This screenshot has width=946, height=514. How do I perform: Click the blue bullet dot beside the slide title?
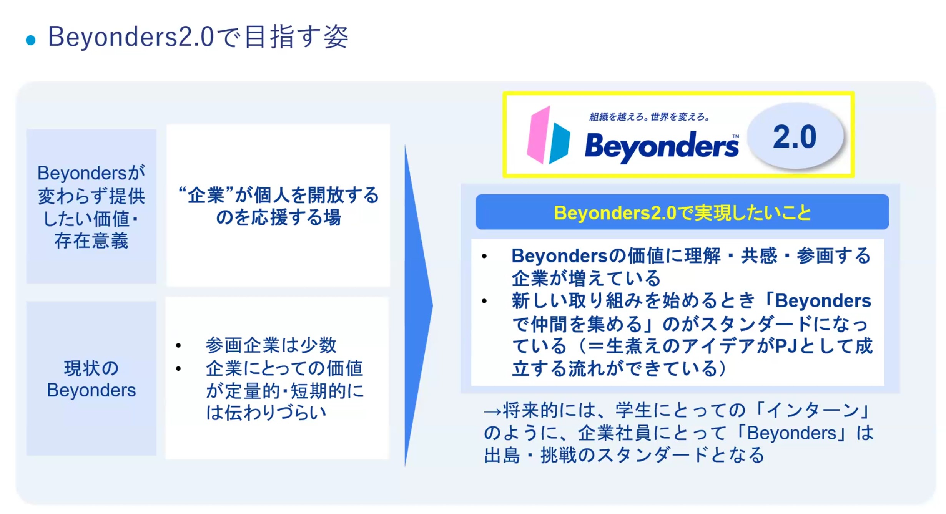click(31, 40)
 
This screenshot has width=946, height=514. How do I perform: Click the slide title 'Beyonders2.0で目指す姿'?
click(198, 37)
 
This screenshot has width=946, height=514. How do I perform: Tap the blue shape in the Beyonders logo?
click(559, 143)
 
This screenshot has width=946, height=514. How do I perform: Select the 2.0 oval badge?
click(795, 136)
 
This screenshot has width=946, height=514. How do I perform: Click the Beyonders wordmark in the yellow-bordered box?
click(662, 147)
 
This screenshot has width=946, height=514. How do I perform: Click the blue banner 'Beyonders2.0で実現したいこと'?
click(682, 212)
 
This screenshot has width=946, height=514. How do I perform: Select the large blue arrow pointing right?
click(419, 306)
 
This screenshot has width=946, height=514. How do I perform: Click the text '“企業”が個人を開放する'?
click(279, 195)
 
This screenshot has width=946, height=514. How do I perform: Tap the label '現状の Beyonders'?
click(91, 379)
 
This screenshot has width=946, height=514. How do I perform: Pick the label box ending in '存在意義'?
click(91, 206)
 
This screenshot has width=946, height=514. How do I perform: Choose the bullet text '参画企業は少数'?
click(271, 345)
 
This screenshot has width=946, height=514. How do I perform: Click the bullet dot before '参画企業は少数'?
click(178, 346)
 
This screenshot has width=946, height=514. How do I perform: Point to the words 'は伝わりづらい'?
click(266, 413)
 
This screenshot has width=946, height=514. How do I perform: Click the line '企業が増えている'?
click(586, 278)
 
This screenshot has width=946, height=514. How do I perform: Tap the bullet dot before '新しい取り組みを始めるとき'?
click(484, 301)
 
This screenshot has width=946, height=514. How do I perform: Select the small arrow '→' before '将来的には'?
click(493, 412)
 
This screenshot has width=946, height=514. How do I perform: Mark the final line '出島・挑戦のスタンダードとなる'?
click(624, 455)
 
